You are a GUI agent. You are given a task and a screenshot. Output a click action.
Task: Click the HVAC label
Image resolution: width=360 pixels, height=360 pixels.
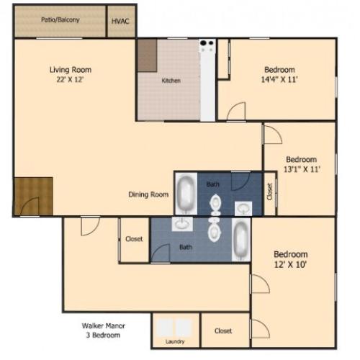point(120,21)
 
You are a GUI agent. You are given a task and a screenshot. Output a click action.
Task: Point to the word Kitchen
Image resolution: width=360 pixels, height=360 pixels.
point(171,81)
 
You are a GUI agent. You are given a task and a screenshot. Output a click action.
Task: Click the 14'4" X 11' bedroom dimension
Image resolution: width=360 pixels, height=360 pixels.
point(279,80)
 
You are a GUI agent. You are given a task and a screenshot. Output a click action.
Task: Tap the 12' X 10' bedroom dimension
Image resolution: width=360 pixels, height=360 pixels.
point(291,265)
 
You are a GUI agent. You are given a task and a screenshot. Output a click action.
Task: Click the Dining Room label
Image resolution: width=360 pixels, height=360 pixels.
point(148,194)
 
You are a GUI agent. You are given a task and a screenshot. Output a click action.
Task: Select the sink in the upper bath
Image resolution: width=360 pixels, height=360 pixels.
point(245,208)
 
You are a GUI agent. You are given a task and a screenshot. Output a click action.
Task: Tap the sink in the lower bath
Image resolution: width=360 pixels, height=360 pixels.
point(181,224)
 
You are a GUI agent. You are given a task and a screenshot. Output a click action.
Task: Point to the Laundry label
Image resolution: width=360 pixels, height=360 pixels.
point(175,341)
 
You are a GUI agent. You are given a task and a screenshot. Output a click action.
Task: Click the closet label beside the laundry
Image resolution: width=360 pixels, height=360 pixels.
point(223,331)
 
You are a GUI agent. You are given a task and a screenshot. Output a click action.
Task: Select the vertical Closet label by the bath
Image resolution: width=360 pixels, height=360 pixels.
point(269,192)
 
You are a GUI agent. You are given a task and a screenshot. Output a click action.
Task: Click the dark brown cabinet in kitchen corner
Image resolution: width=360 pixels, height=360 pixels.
point(147,55)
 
